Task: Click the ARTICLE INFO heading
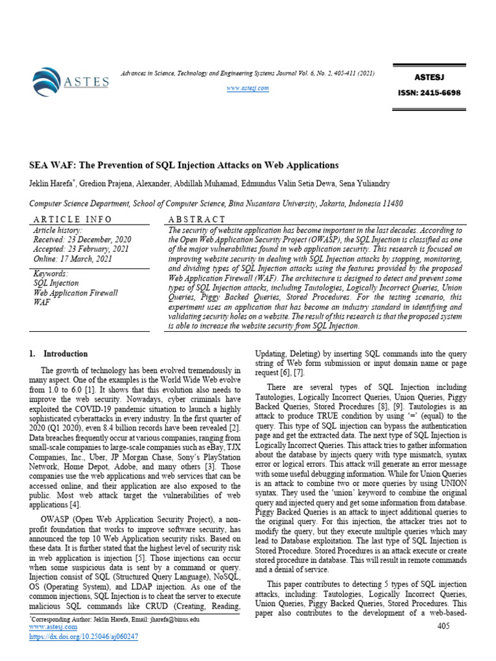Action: pyautogui.click(x=71, y=219)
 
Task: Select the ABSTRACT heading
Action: pyautogui.click(x=196, y=219)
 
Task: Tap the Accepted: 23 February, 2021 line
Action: pyautogui.click(x=81, y=249)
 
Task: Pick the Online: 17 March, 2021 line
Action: pyautogui.click(x=73, y=259)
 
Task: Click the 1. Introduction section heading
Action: pyautogui.click(x=59, y=354)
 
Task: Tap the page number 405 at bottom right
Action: pyautogui.click(x=444, y=626)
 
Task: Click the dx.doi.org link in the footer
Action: pyautogui.click(x=85, y=636)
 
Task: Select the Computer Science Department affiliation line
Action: pyautogui.click(x=217, y=203)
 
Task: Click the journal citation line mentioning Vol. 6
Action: pyautogui.click(x=247, y=74)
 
